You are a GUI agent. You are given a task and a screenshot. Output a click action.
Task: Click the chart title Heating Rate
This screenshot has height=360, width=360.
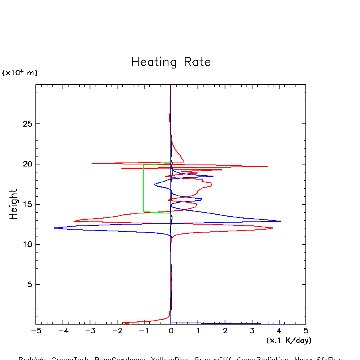pyautogui.click(x=171, y=62)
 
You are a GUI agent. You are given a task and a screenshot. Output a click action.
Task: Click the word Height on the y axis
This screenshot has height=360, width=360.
pyautogui.click(x=14, y=204)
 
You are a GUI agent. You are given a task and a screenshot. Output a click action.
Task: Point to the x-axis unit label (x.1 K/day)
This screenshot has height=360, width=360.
pyautogui.click(x=289, y=340)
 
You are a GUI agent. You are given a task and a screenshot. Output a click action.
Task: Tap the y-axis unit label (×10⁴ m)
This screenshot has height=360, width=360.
pyautogui.click(x=20, y=73)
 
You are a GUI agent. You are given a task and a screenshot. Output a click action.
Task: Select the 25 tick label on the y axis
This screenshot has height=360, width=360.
pyautogui.click(x=26, y=124)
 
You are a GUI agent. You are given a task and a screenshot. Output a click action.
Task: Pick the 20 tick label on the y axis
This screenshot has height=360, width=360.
pyautogui.click(x=26, y=164)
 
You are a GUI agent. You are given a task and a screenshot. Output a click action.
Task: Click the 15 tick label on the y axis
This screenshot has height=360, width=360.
pyautogui.click(x=26, y=204)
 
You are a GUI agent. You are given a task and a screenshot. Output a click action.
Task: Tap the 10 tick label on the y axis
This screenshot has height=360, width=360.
pyautogui.click(x=26, y=245)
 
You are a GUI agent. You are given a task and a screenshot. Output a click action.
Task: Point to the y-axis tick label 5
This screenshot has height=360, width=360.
pyautogui.click(x=29, y=285)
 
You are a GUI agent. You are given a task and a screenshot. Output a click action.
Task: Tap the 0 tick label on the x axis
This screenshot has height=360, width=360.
pyautogui.click(x=171, y=331)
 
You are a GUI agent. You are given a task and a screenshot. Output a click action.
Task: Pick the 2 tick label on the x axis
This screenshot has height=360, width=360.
pyautogui.click(x=225, y=331)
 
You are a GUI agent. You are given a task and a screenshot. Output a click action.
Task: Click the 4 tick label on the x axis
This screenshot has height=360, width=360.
pyautogui.click(x=279, y=331)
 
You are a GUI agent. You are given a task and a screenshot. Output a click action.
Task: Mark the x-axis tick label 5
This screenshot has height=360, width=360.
pyautogui.click(x=306, y=331)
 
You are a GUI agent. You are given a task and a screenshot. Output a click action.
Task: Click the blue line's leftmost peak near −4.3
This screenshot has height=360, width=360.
pyautogui.click(x=55, y=228)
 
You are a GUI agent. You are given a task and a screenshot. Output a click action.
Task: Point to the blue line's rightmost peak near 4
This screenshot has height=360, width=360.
pyautogui.click(x=280, y=221)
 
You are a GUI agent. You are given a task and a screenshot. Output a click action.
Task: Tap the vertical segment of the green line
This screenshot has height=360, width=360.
pyautogui.click(x=143, y=188)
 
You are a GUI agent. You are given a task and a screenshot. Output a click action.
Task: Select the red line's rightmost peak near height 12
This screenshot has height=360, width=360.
pyautogui.click(x=273, y=228)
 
